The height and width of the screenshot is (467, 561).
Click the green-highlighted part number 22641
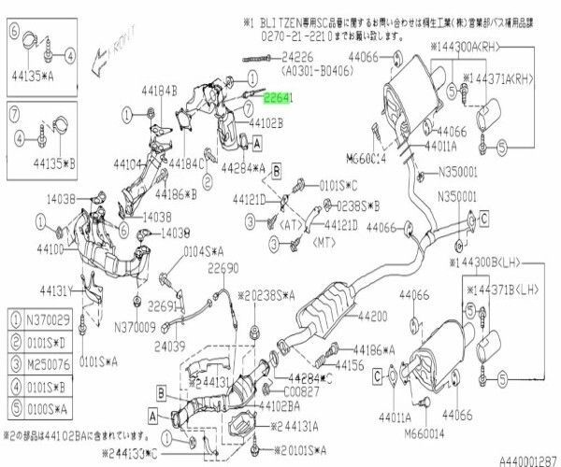click(278, 97)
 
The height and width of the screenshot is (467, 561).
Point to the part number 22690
click(223, 268)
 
